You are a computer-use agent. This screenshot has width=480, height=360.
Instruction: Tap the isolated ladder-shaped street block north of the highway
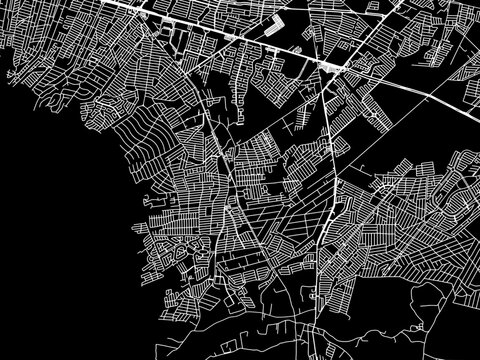pos(272,28)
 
